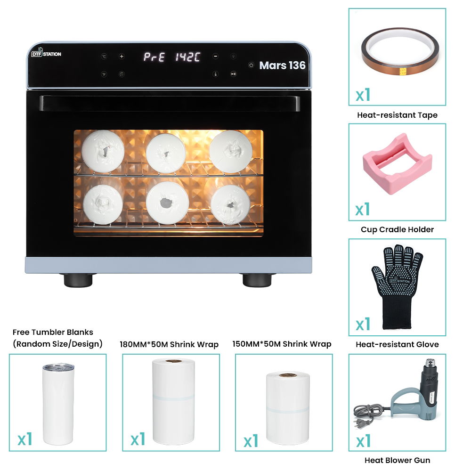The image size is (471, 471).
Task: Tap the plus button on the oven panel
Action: (122, 57)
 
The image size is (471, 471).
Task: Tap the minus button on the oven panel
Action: (215, 56)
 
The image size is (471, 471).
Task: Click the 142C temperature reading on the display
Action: (188, 57)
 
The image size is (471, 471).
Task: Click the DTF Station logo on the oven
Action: (46, 54)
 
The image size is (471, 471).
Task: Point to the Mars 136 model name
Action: (282, 65)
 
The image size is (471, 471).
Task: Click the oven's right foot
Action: (257, 279)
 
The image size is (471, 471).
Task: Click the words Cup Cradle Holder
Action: (397, 229)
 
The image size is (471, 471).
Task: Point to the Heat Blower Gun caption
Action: (397, 460)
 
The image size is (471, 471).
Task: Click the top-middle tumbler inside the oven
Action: (168, 153)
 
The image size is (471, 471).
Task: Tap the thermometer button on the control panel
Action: (215, 74)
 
